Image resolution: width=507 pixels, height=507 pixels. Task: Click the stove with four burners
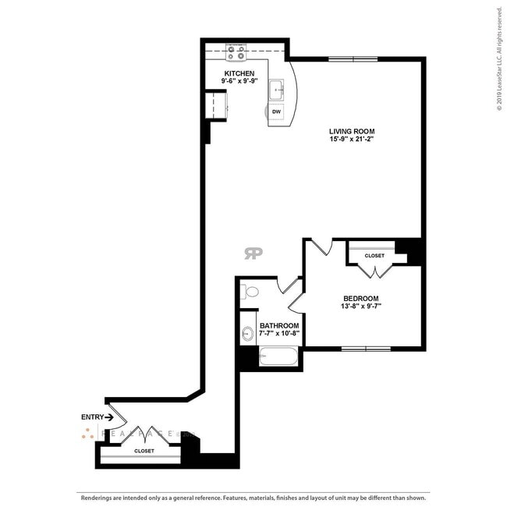[x=236, y=52]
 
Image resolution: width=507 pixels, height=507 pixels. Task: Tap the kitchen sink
[x=277, y=91]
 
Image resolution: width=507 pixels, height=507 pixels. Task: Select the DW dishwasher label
[x=277, y=112]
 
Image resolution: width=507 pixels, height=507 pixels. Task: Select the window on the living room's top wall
[x=353, y=58]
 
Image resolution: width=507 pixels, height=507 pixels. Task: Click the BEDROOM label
[x=361, y=298]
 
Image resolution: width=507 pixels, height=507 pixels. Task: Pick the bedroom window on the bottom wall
[x=366, y=348]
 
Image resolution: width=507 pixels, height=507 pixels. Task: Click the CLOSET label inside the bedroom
[x=374, y=255]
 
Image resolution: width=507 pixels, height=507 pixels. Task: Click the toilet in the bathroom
[x=249, y=292]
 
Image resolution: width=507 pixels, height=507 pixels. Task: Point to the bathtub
[x=278, y=358]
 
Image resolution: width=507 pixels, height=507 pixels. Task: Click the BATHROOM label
[x=278, y=325]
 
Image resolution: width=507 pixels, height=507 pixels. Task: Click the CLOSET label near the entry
[x=144, y=451]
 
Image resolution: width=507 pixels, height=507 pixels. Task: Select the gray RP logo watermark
[x=253, y=253]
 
